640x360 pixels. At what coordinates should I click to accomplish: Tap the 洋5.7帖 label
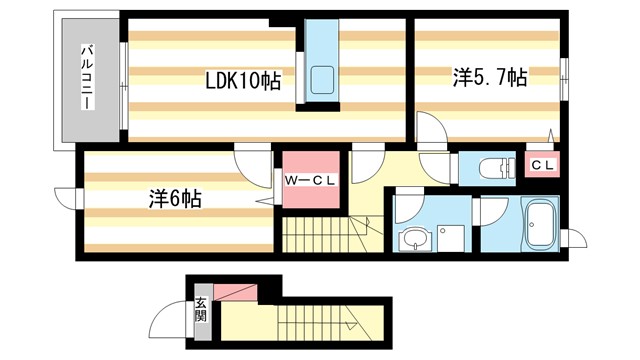(490, 77)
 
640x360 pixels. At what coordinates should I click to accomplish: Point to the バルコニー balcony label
(88, 78)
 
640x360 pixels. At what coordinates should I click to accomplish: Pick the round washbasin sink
(413, 239)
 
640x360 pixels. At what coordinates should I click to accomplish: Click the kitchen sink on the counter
(325, 80)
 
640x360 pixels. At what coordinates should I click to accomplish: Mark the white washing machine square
(445, 236)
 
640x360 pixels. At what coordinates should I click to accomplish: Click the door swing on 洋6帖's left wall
(68, 200)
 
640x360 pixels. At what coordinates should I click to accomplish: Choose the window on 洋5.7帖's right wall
(566, 74)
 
